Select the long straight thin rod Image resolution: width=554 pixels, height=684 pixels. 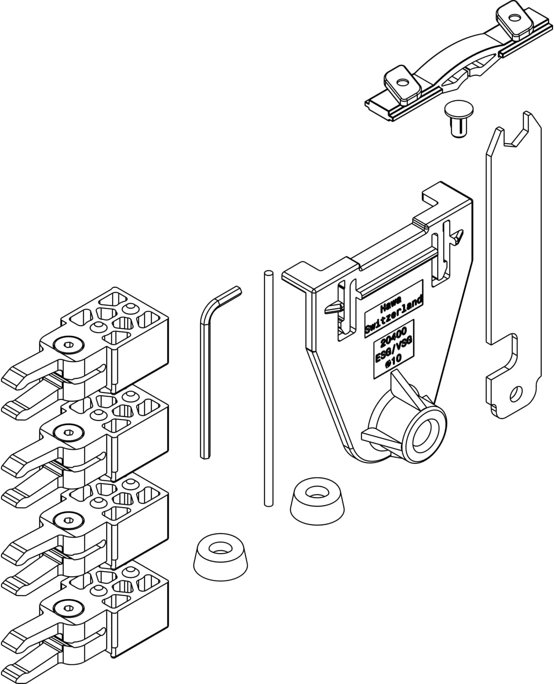268,388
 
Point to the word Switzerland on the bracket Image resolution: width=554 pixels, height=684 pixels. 394,317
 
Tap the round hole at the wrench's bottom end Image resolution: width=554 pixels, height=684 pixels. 516,393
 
